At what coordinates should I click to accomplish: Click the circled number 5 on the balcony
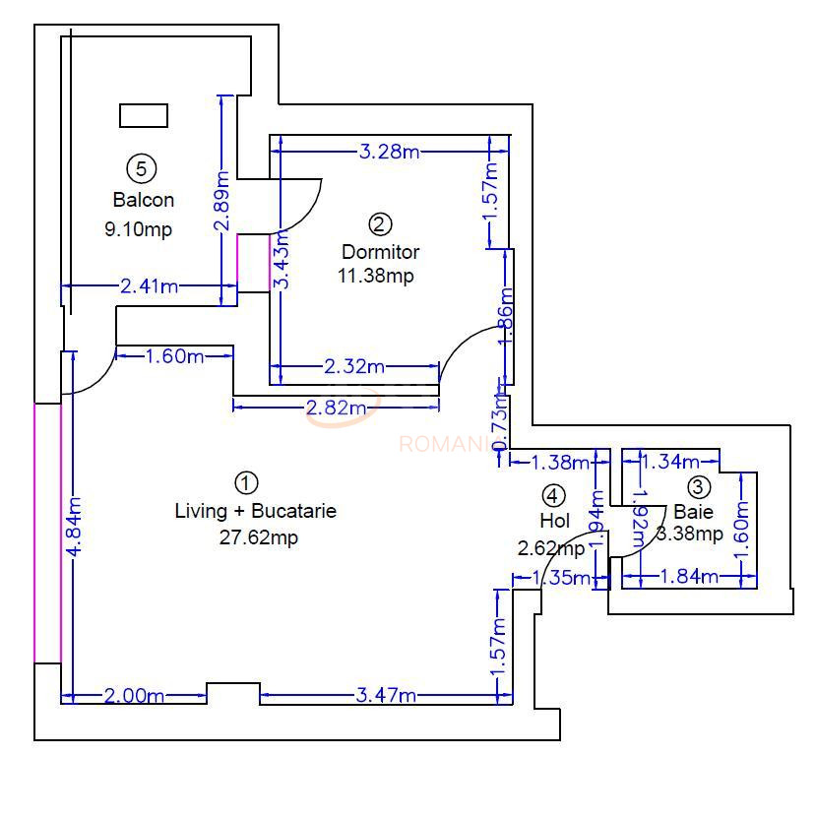142,168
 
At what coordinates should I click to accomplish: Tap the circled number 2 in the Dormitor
380,222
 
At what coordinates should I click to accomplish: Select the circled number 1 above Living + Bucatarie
246,482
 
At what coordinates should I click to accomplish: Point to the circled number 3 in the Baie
698,486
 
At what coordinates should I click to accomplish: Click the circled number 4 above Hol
554,495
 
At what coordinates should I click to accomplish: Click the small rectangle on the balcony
143,115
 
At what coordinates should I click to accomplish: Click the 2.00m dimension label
134,696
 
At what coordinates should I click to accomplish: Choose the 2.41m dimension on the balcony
150,286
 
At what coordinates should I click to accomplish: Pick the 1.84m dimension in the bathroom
688,577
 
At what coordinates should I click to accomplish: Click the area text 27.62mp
259,537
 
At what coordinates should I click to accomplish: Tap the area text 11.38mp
376,276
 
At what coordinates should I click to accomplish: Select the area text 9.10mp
139,229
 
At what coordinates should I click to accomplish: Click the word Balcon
144,200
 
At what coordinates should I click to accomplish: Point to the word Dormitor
380,251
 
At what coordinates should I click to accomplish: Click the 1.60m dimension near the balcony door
174,355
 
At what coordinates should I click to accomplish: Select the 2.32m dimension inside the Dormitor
353,367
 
